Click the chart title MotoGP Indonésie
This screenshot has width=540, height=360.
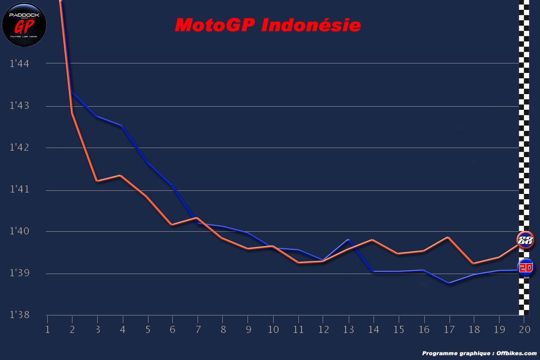[x=268, y=25]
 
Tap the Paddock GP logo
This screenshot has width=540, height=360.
[x=24, y=24]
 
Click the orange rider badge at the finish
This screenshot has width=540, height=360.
[x=525, y=240]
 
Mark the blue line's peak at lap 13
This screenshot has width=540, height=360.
[x=348, y=239]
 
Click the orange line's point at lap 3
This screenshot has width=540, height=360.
[x=97, y=181]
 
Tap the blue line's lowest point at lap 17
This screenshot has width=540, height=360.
[x=449, y=283]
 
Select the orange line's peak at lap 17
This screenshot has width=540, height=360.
[x=448, y=237]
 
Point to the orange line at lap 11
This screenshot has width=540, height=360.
[x=298, y=262]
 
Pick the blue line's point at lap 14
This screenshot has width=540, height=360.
[x=373, y=271]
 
